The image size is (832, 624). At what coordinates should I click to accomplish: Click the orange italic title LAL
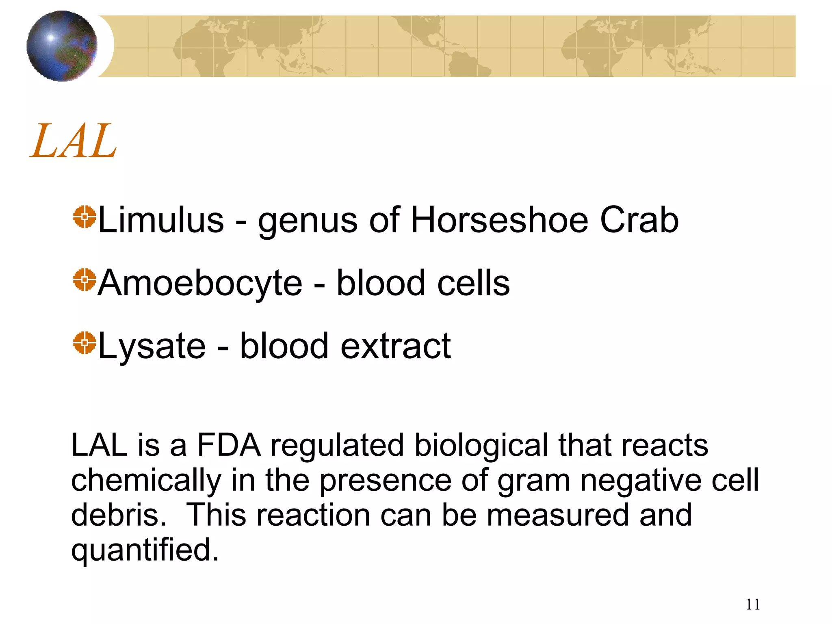[74, 141]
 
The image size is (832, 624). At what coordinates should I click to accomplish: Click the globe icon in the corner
[62, 46]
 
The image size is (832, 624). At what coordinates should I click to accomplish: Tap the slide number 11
[753, 604]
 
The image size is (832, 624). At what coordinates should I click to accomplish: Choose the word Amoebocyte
[200, 283]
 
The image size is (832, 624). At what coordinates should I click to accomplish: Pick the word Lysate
[152, 347]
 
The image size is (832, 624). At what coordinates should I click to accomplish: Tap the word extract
[396, 347]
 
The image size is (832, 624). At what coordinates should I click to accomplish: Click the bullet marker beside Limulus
[84, 217]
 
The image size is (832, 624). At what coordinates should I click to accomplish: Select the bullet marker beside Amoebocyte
[84, 280]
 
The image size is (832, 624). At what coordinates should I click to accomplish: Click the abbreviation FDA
[228, 445]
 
